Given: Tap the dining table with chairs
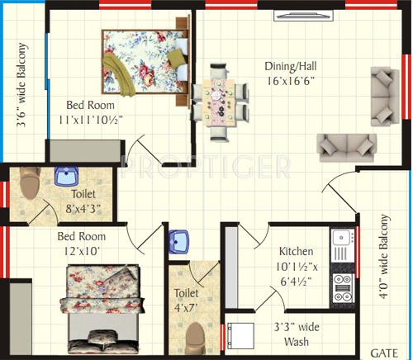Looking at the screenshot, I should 219,106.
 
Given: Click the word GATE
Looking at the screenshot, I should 384,351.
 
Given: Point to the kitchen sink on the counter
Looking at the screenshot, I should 340,244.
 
